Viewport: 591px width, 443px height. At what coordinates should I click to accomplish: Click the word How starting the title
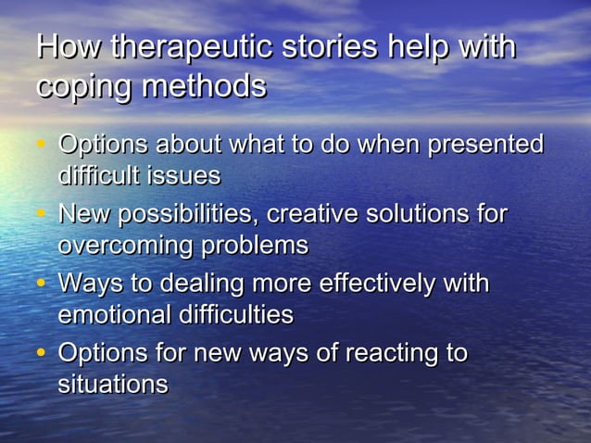68,48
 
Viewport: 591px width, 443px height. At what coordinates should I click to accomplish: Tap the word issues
188,175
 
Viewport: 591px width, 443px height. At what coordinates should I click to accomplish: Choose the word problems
256,246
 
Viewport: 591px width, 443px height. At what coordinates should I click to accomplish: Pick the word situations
113,384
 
